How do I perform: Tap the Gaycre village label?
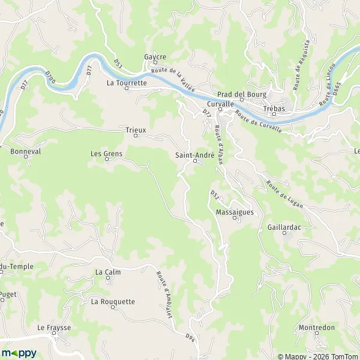pos(154,57)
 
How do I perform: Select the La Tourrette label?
pos(127,83)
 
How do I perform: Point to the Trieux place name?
pos(136,129)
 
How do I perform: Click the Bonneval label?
pos(25,152)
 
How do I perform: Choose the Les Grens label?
pos(106,154)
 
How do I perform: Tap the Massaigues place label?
pos(235,212)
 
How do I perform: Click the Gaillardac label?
pos(284,228)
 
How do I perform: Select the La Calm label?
pos(109,272)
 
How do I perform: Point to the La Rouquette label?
pos(113,302)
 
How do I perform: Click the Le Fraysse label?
pos(54,328)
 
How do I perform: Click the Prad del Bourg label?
pos(242,94)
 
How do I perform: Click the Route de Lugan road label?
pos(285,193)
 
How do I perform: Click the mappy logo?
pos(19,352)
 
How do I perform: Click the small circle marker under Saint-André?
pos(195,161)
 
